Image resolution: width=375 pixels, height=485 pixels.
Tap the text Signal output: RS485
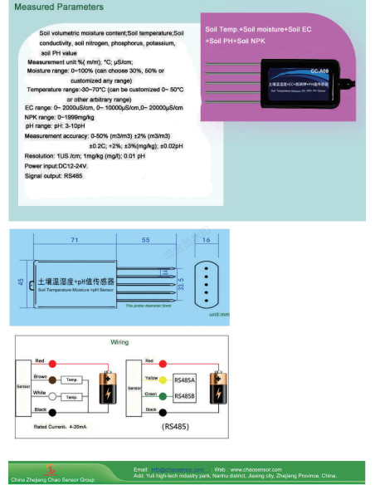coord(54,176)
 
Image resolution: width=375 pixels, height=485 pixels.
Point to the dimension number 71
coord(75,239)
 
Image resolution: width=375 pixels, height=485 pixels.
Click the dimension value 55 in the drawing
coord(144,239)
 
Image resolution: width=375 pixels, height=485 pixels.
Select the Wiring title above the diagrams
coord(119,342)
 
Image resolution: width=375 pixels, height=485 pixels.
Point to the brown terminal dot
coord(51,380)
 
